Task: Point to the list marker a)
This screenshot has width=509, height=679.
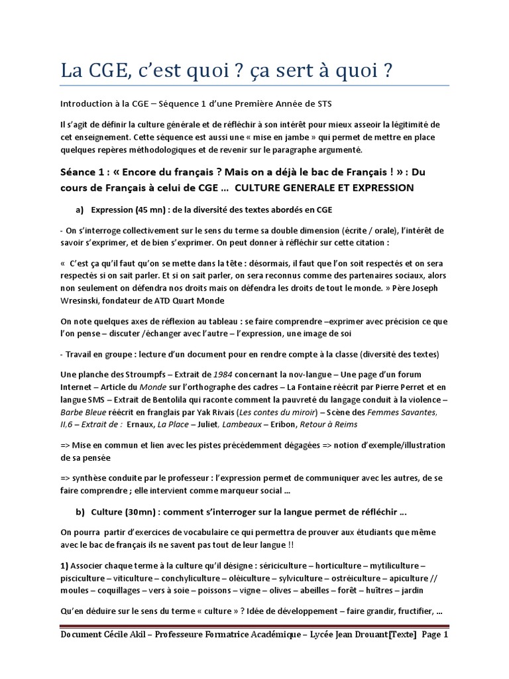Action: pos(80,210)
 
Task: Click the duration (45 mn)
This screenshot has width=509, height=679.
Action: pos(150,210)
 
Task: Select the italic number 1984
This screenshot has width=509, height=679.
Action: pos(222,375)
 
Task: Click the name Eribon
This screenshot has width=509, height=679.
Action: pos(281,424)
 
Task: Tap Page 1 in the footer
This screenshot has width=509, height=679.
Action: pos(435,635)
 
